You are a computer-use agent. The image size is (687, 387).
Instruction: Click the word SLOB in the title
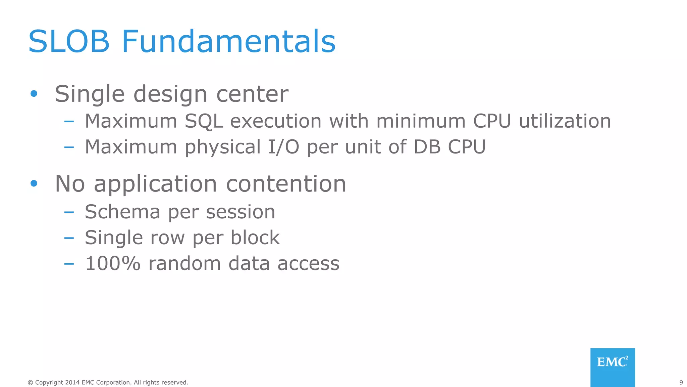[69, 42]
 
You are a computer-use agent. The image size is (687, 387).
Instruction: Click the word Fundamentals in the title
[228, 42]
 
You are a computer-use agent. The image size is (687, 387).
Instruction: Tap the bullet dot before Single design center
[34, 93]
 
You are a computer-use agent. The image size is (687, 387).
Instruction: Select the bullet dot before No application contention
[34, 183]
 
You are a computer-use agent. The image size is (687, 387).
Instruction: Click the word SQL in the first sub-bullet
[204, 121]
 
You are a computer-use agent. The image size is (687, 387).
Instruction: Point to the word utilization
[565, 121]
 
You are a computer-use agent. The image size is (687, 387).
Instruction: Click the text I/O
[283, 147]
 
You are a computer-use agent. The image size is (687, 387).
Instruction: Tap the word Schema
[122, 212]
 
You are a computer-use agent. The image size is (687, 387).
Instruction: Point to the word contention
[286, 184]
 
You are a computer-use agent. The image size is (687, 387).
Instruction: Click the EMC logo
[613, 367]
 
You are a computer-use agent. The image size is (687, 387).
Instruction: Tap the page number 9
[681, 382]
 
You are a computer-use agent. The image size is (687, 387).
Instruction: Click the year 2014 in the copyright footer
[72, 382]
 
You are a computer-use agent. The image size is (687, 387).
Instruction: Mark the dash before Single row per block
[69, 238]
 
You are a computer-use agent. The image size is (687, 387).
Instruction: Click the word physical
[223, 147]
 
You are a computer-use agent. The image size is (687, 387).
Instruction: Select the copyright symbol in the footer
[31, 383]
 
